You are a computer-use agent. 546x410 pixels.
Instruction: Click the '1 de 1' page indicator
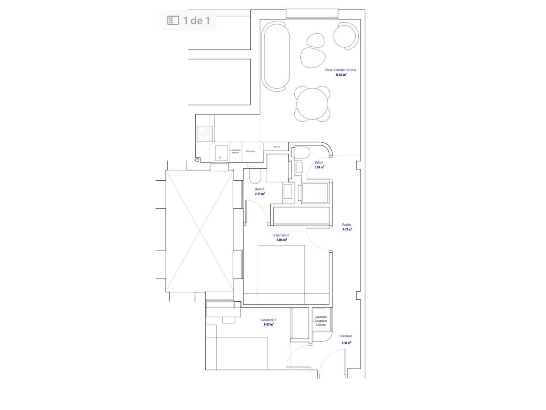pyautogui.click(x=188, y=20)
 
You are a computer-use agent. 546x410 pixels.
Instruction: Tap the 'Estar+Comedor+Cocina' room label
pyautogui.click(x=340, y=70)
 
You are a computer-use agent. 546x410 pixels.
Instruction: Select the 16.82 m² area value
pyautogui.click(x=340, y=75)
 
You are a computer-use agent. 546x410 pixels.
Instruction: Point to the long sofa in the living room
pyautogui.click(x=276, y=56)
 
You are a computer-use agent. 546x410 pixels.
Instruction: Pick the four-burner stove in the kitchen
pyautogui.click(x=205, y=134)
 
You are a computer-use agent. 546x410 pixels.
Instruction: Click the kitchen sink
pyautogui.click(x=221, y=152)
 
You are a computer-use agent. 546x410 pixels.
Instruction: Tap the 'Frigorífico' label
pyautogui.click(x=251, y=151)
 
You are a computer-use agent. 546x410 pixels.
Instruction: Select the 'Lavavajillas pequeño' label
pyautogui.click(x=235, y=151)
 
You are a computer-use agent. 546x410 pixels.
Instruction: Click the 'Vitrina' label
pyautogui.click(x=276, y=146)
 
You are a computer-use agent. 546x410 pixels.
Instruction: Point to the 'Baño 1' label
pyautogui.click(x=319, y=162)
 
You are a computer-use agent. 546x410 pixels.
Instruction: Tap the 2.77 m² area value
pyautogui.click(x=260, y=194)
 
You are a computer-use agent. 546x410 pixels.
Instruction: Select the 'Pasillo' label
pyautogui.click(x=346, y=225)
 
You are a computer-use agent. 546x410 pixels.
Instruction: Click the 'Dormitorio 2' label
pyautogui.click(x=281, y=235)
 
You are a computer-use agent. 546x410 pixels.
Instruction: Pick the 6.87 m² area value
pyautogui.click(x=268, y=325)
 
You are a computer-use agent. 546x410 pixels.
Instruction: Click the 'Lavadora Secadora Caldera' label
pyautogui.click(x=320, y=321)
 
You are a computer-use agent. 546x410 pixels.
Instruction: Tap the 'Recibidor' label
pyautogui.click(x=346, y=336)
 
